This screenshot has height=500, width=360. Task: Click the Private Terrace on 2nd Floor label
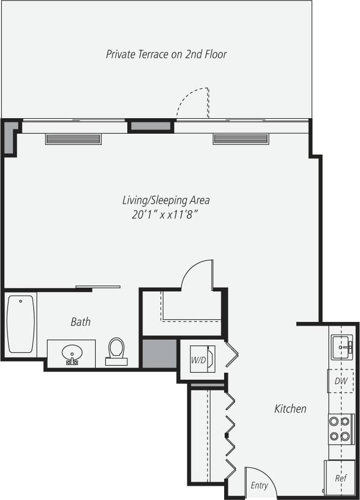click(166, 54)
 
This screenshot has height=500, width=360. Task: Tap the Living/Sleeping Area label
click(166, 201)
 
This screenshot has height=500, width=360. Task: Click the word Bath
click(80, 322)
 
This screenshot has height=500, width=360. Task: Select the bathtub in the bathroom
click(21, 324)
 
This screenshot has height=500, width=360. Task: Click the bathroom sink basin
click(72, 353)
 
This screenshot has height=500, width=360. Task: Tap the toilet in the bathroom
click(116, 350)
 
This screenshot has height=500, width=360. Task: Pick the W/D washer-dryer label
click(198, 360)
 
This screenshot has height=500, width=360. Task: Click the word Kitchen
click(290, 409)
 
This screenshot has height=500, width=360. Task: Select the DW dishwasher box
click(341, 381)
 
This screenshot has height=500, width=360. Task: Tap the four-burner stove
click(340, 429)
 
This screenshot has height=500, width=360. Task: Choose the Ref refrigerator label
click(340, 478)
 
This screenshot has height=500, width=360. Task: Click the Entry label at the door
click(259, 486)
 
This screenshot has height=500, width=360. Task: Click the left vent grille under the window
click(73, 140)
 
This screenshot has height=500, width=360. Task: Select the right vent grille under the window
click(240, 139)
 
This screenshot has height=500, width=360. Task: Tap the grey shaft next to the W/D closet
click(159, 353)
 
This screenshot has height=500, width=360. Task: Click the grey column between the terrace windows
click(151, 126)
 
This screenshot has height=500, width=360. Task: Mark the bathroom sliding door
click(98, 287)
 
